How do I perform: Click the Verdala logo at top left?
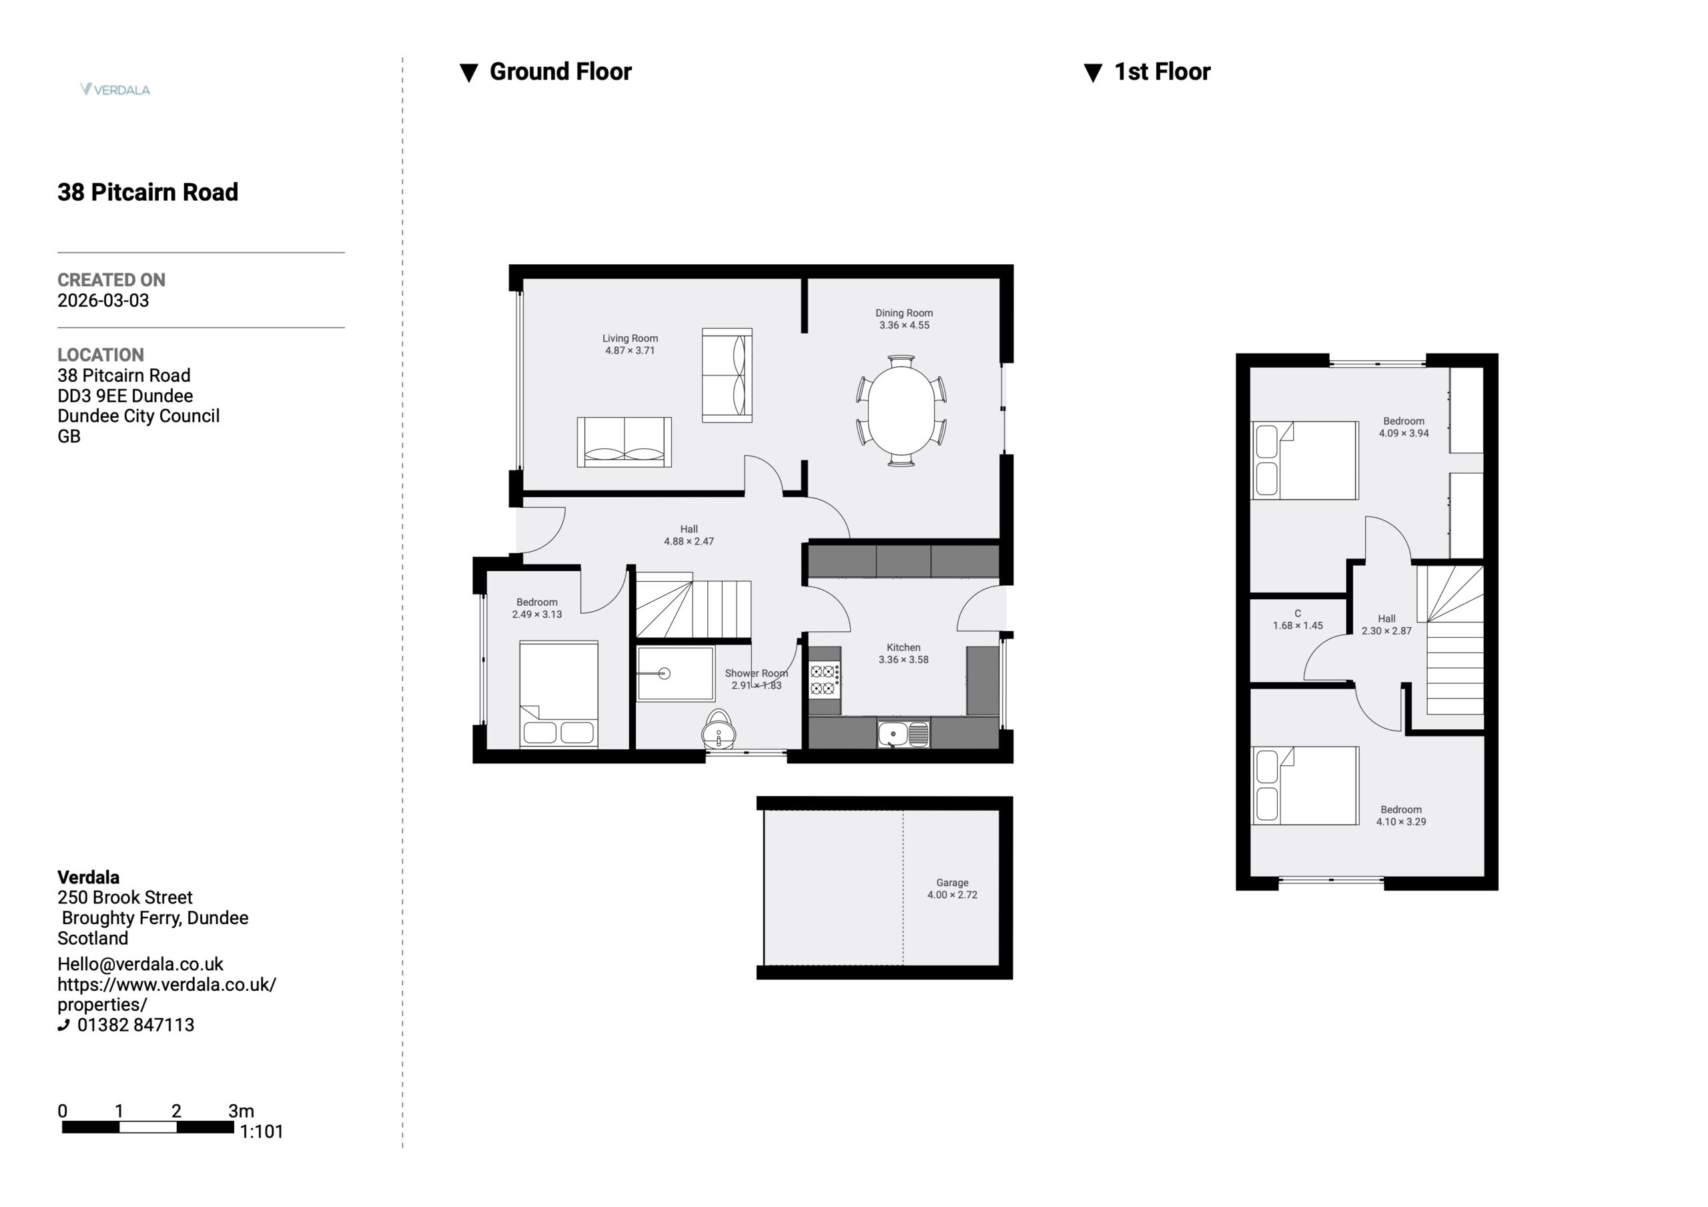[115, 89]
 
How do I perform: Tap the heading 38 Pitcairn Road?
[148, 192]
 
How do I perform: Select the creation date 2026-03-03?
[103, 301]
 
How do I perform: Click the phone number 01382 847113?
[135, 1025]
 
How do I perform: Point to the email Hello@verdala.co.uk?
[141, 964]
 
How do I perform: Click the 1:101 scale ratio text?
[261, 1132]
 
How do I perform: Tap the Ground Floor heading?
[560, 71]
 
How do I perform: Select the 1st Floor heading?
[1162, 71]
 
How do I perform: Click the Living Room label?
[630, 338]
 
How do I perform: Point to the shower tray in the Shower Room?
[675, 674]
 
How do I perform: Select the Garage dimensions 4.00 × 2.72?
[952, 895]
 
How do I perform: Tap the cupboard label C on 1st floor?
[1298, 613]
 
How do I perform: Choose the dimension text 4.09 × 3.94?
[1404, 433]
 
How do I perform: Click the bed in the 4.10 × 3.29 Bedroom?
[1305, 786]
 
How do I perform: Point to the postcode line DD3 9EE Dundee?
[125, 396]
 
